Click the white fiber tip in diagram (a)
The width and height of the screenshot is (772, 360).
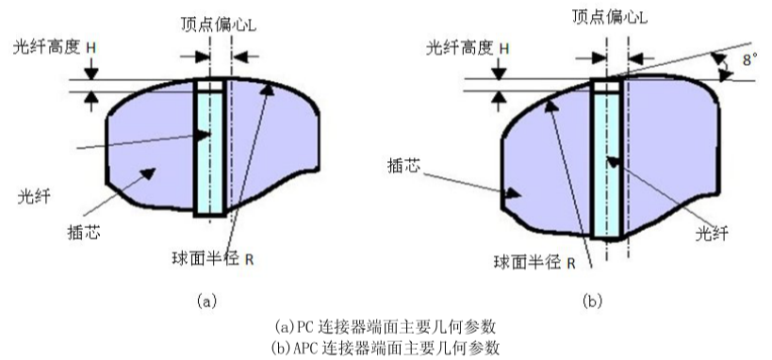[209, 86]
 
